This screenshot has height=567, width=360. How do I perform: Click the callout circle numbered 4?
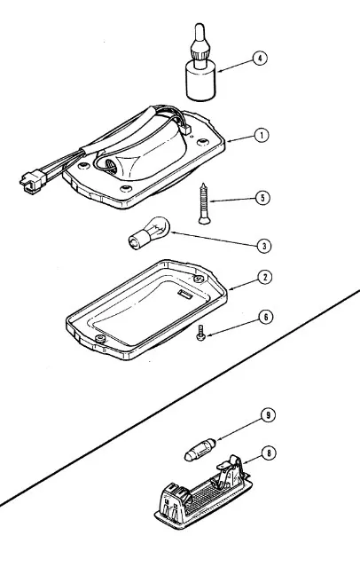[260, 59]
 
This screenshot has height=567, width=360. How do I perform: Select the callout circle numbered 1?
[262, 135]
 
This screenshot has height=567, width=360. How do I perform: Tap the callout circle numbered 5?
[262, 198]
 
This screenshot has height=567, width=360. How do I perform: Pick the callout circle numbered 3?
[264, 246]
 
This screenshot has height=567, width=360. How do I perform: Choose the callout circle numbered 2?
[265, 278]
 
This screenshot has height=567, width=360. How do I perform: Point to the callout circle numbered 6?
[266, 317]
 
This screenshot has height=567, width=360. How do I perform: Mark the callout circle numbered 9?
[268, 415]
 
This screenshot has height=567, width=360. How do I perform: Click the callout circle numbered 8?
[269, 453]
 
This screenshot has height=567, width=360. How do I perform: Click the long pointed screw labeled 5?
[204, 203]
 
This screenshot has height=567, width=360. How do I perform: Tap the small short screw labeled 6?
[200, 333]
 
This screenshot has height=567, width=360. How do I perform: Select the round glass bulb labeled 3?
[149, 232]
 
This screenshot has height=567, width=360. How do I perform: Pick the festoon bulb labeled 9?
[200, 449]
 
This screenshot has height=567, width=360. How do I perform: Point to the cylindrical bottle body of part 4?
[201, 81]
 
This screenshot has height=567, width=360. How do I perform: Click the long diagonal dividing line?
[180, 397]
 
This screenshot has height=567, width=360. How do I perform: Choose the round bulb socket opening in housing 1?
[108, 164]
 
